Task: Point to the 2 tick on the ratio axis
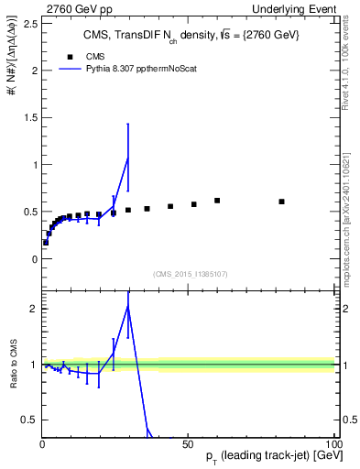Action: tap(35, 309)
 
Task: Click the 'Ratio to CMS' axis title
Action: tap(14, 364)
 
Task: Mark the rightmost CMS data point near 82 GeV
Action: tap(281, 202)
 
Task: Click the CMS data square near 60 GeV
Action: tap(217, 200)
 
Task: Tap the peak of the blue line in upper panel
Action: tap(127, 158)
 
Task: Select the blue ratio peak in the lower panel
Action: tap(127, 306)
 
